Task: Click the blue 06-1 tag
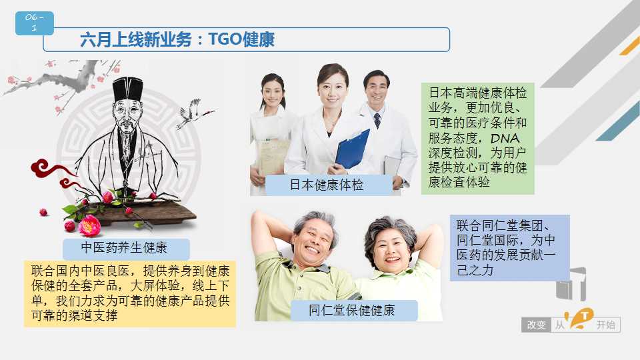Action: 34,23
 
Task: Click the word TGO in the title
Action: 225,39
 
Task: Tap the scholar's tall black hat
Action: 128,89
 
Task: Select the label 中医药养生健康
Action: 124,248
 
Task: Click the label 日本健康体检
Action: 327,185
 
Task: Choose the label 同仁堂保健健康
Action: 352,310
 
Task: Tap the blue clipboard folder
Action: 352,149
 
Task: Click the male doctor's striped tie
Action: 377,121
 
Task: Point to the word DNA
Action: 505,139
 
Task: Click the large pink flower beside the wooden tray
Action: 90,226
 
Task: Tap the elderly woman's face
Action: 391,249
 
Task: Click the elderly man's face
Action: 313,241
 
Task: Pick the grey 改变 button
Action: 536,325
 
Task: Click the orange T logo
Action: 581,319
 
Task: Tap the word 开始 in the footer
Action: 606,325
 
